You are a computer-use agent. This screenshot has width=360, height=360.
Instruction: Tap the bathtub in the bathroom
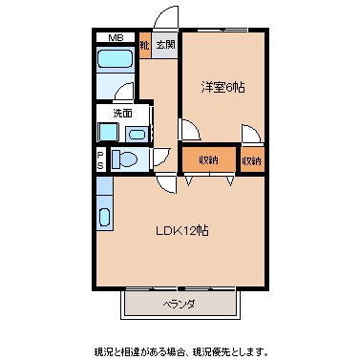pyautogui.click(x=116, y=64)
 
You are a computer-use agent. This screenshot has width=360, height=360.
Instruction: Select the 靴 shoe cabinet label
pyautogui.click(x=144, y=45)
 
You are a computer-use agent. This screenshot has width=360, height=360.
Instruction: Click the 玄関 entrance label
pyautogui.click(x=165, y=45)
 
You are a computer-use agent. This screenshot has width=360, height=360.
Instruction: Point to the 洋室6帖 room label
pyautogui.click(x=222, y=87)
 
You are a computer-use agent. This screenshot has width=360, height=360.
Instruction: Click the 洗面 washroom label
pyautogui.click(x=123, y=114)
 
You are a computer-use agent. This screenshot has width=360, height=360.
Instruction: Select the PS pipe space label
pyautogui.click(x=100, y=159)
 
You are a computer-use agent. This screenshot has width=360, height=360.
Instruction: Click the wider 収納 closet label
pyautogui.click(x=208, y=159)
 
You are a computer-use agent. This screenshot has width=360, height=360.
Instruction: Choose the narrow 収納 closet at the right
pyautogui.click(x=252, y=159)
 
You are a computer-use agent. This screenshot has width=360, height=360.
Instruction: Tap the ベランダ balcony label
pyautogui.click(x=178, y=305)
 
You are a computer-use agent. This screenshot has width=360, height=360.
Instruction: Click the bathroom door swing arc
pyautogui.click(x=124, y=92)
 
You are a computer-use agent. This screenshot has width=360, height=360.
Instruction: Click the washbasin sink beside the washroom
pyautogui.click(x=136, y=135)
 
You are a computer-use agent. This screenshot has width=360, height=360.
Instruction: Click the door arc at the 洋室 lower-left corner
pyautogui.click(x=188, y=130)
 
